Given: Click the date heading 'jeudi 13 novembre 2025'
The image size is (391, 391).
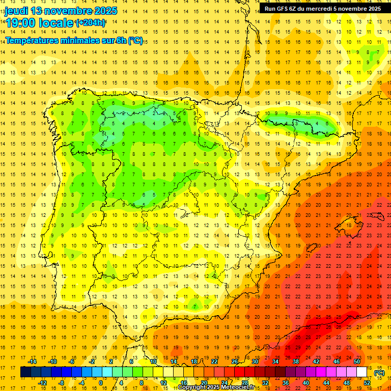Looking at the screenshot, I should pos(61,11).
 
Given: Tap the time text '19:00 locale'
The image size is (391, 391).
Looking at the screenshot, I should pos(40,22).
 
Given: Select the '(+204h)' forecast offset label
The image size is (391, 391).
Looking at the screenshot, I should pos(91,22).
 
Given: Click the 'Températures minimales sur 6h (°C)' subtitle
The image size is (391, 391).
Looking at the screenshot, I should pos(74,40).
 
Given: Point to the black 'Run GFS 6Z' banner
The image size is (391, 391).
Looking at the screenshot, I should pos(322,8).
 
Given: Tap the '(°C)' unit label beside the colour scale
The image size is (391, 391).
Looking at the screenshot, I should pos(379,373).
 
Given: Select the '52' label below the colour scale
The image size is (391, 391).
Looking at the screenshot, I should pos(367,383).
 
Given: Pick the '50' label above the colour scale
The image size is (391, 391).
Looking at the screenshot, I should pos(356,361).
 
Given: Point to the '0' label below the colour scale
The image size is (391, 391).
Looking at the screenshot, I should pos(101,383).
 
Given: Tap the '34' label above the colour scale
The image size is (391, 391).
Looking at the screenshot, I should pos(275,361).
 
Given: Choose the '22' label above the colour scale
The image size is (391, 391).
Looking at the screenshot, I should pos(214,361).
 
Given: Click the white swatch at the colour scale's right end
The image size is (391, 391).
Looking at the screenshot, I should pos(361,372).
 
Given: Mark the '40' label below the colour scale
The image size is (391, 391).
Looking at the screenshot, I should pos(305,383).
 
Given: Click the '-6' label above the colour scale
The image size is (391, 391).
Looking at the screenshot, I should pos(72,361).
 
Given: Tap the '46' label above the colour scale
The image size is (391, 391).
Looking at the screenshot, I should pos(336,361).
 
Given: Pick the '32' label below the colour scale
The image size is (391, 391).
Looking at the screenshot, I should pos(265,383).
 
